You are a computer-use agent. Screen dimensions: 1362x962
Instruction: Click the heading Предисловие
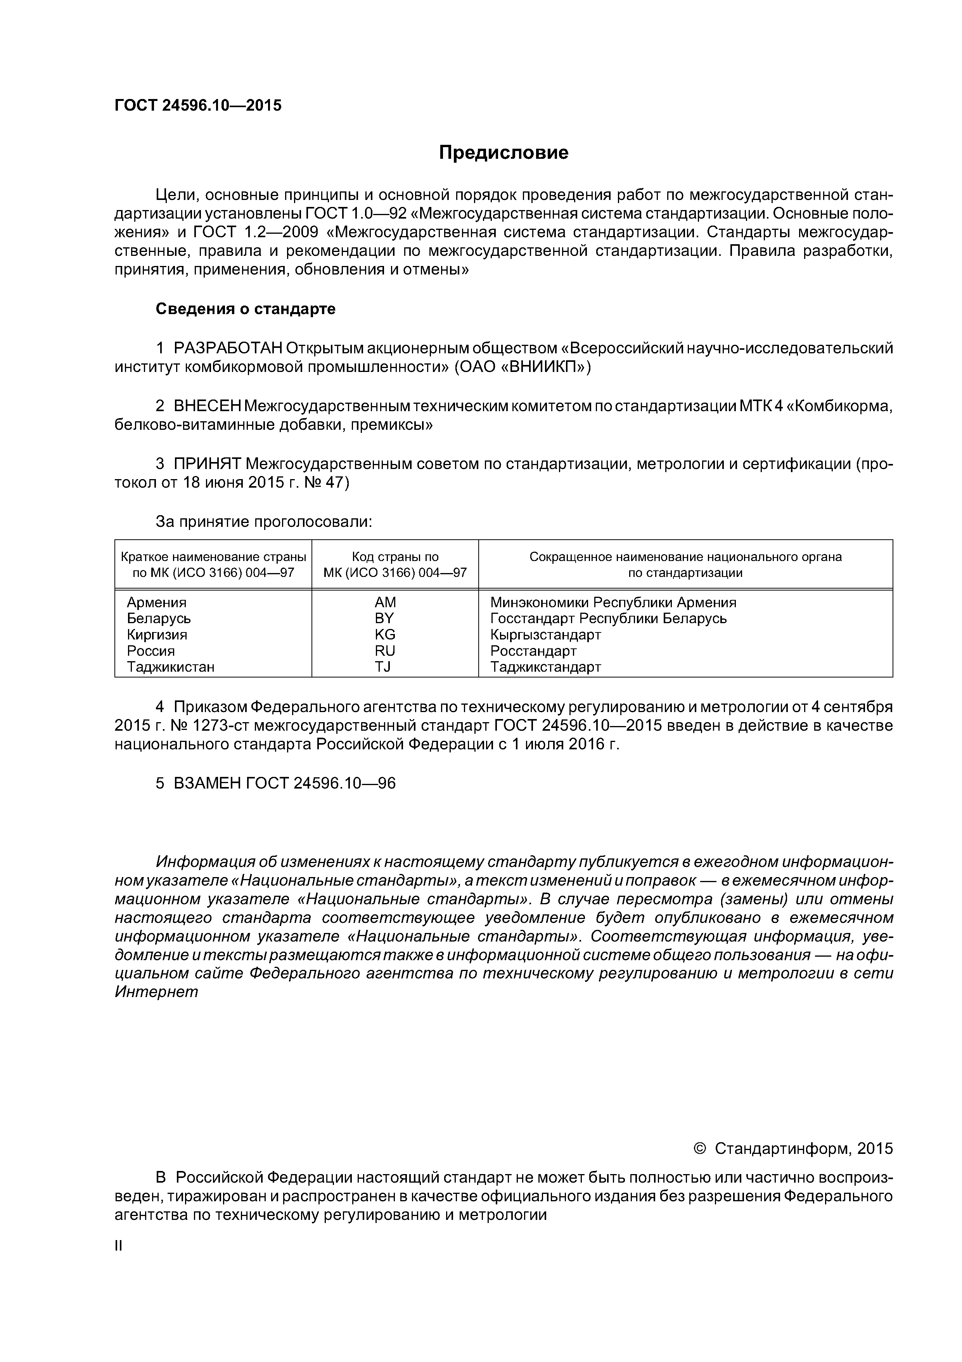(x=503, y=153)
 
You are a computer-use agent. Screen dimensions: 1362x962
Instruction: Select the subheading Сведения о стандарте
(x=246, y=309)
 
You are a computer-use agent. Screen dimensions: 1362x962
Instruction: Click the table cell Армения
(x=156, y=603)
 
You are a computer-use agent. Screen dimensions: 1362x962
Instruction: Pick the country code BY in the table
(x=384, y=619)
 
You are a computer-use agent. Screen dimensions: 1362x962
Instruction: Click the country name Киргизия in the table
(x=157, y=635)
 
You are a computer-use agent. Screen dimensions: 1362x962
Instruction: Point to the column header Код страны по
(x=395, y=557)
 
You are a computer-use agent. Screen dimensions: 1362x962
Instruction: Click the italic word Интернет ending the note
(x=156, y=992)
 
